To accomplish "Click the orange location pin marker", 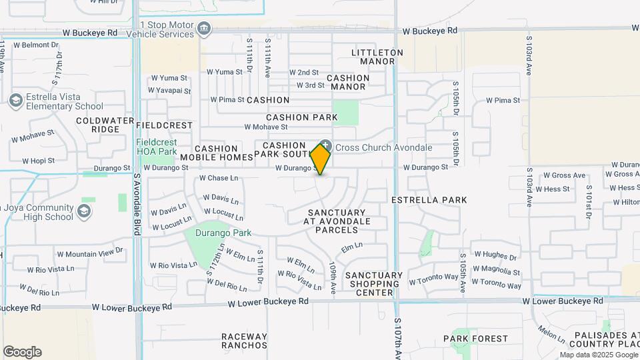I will click(321, 159).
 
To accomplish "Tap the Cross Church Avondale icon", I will click(325, 146).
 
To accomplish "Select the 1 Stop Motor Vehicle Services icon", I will click(205, 28).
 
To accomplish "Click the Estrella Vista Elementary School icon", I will click(16, 100).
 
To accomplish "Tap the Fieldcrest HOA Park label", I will click(156, 147).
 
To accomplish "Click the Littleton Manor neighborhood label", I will click(377, 57).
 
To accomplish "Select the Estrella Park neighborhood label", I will click(429, 200).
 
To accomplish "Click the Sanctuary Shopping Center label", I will click(373, 284).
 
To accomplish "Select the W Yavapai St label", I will click(170, 91).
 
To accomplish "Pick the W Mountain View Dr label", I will click(90, 253).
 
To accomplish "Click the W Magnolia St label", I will click(497, 271).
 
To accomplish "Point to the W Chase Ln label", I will click(219, 179).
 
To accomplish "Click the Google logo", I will click(22, 352).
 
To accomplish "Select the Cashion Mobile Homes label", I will click(216, 153).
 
